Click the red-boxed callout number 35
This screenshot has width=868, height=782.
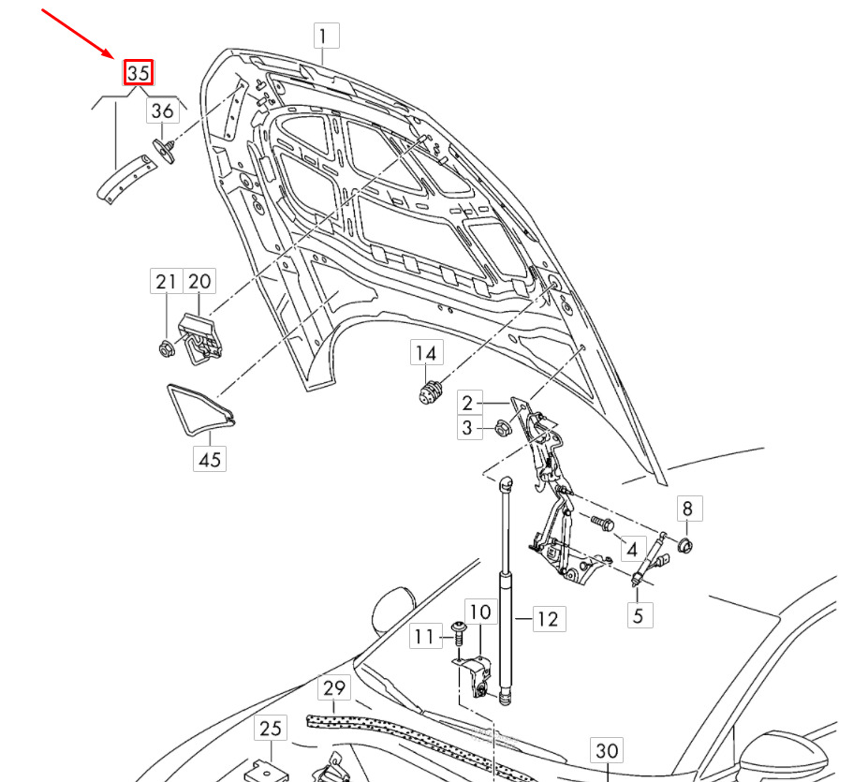click(139, 72)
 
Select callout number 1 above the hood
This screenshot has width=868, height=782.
click(323, 36)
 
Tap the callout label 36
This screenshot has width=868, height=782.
click(162, 111)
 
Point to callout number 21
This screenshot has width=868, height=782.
click(166, 281)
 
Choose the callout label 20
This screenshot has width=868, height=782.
click(199, 281)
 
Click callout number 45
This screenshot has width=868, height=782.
click(210, 459)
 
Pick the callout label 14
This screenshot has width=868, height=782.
click(426, 353)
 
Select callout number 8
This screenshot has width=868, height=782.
click(687, 509)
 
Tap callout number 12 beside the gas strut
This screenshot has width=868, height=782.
click(548, 619)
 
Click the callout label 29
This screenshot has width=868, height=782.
click(334, 687)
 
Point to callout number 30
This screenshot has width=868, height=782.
click(607, 750)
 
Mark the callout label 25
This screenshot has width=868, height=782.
click(271, 728)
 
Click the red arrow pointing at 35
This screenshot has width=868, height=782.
click(78, 33)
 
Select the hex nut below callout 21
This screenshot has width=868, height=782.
click(166, 349)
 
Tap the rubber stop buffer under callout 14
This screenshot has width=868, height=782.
click(430, 391)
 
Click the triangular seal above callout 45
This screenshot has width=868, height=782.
click(201, 409)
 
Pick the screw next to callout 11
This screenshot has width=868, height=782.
click(459, 634)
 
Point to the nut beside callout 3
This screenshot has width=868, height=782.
click(503, 428)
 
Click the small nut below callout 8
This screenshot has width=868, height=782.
click(685, 545)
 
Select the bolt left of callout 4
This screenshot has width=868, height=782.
click(602, 522)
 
